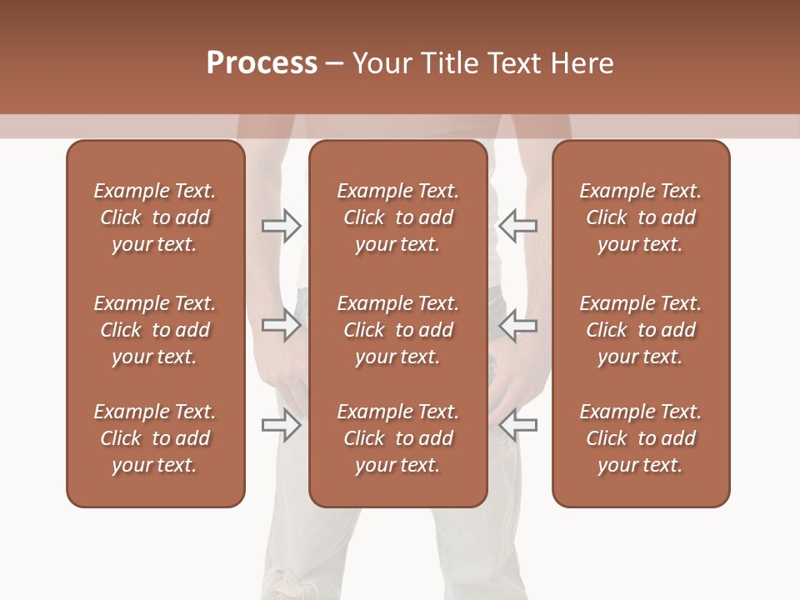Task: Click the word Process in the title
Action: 262,63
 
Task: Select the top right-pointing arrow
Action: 282,225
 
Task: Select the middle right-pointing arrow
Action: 282,325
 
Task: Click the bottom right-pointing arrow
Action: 282,425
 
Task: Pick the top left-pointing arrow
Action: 517,225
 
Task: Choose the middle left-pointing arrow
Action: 517,325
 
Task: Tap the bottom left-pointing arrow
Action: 517,425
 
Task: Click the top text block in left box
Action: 155,217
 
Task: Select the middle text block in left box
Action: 155,330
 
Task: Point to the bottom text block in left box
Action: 155,438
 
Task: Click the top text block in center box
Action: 397,217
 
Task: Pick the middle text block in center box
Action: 397,330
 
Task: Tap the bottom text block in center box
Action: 397,438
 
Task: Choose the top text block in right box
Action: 640,217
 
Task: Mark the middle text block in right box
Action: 640,330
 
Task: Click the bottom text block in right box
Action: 640,438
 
